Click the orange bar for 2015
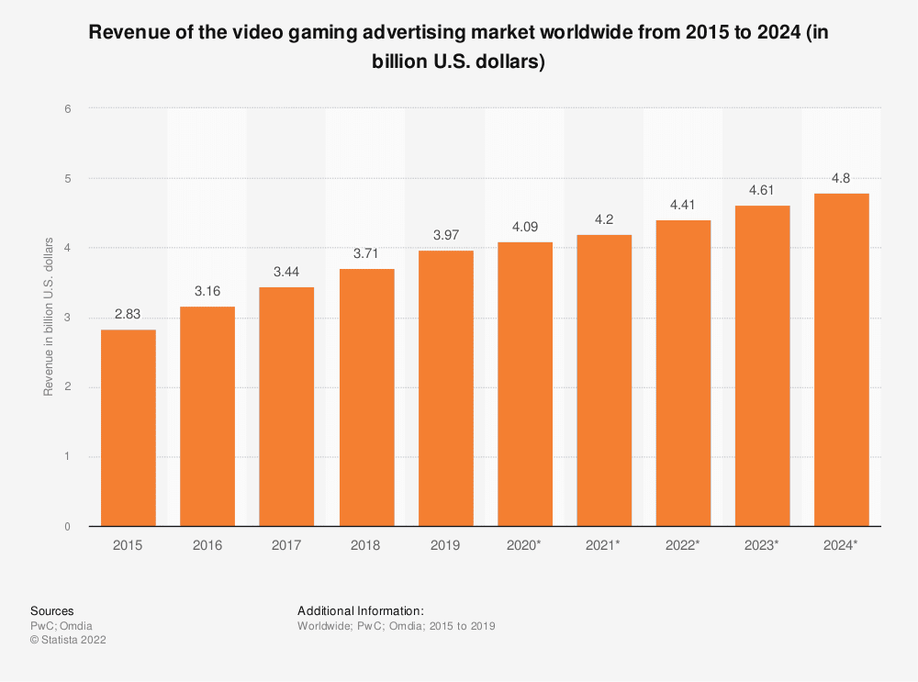pos(129,428)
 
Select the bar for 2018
pos(366,397)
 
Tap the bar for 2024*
pos(842,360)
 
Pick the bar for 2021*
pos(604,381)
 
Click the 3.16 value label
pos(207,292)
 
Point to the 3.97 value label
pos(445,236)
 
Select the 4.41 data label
pos(683,206)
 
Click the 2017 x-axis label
pos(286,545)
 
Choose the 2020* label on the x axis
pos(524,545)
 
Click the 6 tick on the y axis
pos(68,108)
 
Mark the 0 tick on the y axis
pos(68,527)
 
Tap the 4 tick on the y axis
pos(68,248)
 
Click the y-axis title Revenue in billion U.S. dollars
pos(48,318)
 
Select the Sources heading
pos(52,610)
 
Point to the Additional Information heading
pos(361,610)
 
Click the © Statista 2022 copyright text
pos(69,641)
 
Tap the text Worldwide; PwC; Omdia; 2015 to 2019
pos(397,626)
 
